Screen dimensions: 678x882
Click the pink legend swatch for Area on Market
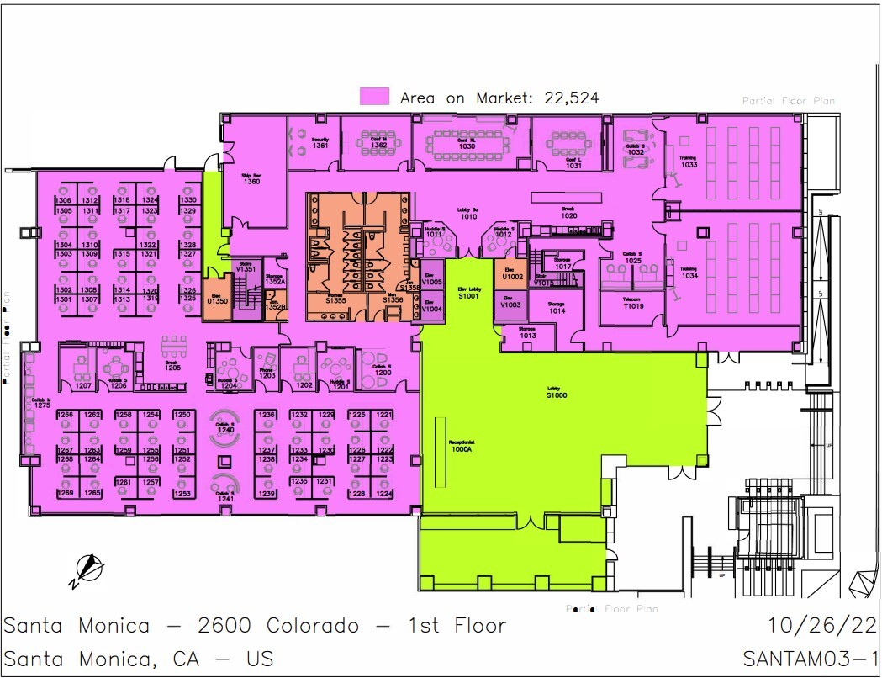coord(374,97)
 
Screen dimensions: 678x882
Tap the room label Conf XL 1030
coord(467,144)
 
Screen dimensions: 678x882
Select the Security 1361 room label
coord(320,143)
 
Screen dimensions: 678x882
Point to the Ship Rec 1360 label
coord(251,178)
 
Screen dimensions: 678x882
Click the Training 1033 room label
coord(689,162)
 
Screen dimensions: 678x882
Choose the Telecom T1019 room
coord(632,304)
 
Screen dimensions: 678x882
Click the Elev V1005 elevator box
coord(431,281)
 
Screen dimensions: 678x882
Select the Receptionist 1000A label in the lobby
coord(462,447)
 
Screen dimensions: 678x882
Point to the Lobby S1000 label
coord(557,392)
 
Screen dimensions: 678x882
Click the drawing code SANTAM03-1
coord(811,658)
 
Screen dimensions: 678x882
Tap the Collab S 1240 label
coord(224,428)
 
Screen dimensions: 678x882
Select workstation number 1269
coord(65,493)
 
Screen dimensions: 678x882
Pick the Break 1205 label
coord(172,365)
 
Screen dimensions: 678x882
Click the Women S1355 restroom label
coord(336,297)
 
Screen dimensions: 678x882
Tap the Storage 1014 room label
coord(557,308)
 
